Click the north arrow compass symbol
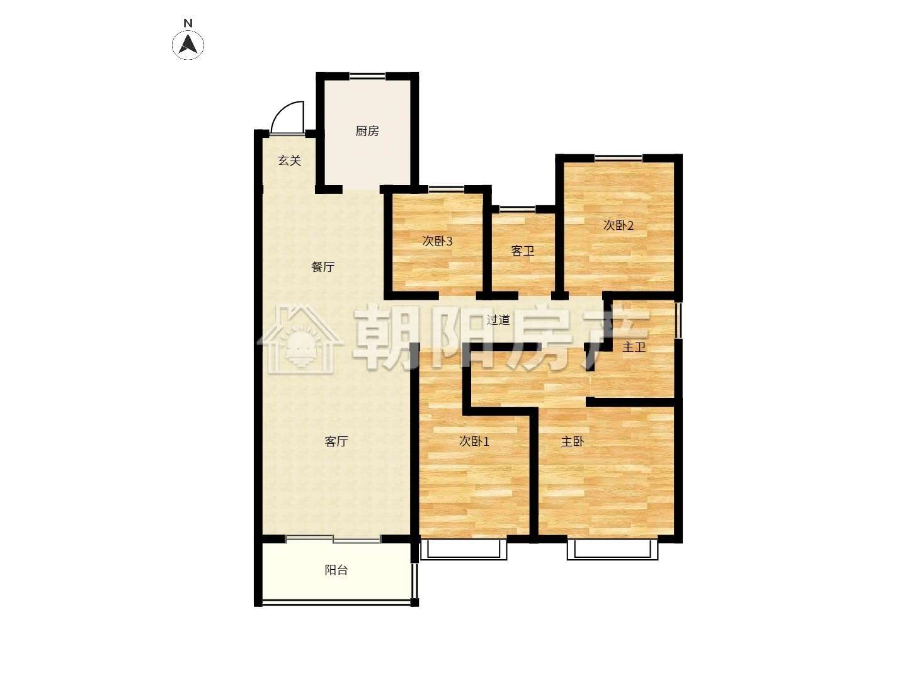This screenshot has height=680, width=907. (x=188, y=45)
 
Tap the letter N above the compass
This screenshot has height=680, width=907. (x=188, y=23)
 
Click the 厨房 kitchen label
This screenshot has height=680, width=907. (x=367, y=131)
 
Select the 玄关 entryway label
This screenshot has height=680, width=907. (x=289, y=160)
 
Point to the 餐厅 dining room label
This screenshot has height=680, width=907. (x=322, y=267)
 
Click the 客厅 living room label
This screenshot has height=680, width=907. (x=336, y=441)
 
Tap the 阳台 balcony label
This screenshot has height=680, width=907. (x=336, y=570)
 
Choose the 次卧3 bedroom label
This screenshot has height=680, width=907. (x=437, y=241)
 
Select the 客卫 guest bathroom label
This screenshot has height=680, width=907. (x=523, y=251)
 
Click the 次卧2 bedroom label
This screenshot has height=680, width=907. (x=618, y=225)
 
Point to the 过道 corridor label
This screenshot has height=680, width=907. (x=498, y=320)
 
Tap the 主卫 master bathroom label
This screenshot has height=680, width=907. (x=634, y=347)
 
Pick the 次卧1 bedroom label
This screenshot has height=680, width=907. (x=474, y=441)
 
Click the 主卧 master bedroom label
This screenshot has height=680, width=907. (x=573, y=441)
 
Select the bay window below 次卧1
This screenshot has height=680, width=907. (x=463, y=550)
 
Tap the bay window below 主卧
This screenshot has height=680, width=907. (x=612, y=550)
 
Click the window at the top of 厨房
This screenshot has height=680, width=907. (x=367, y=76)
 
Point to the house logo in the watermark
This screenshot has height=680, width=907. (x=300, y=339)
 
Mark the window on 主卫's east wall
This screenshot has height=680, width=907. (x=678, y=321)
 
